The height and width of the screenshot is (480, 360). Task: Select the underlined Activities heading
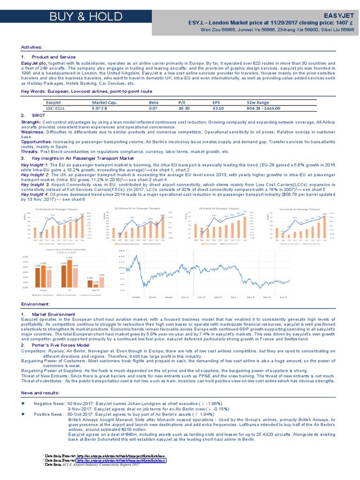coord(32,47)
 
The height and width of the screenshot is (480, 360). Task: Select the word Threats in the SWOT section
coord(30,152)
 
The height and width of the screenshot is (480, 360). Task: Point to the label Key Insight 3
coord(35,185)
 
